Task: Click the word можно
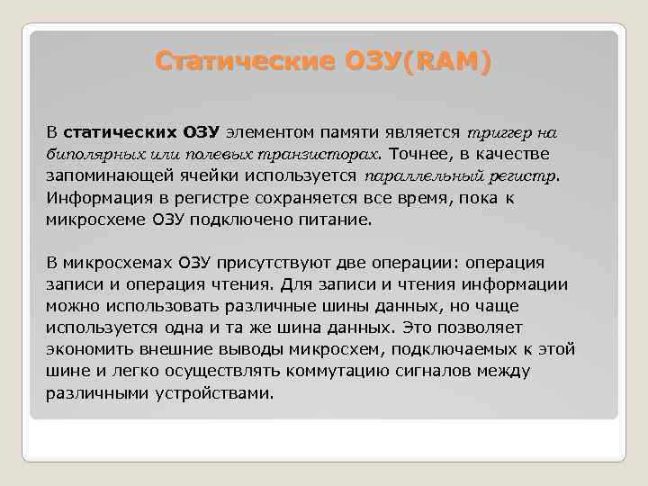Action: pyautogui.click(x=70, y=306)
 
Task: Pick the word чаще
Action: pyautogui.click(x=541, y=306)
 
